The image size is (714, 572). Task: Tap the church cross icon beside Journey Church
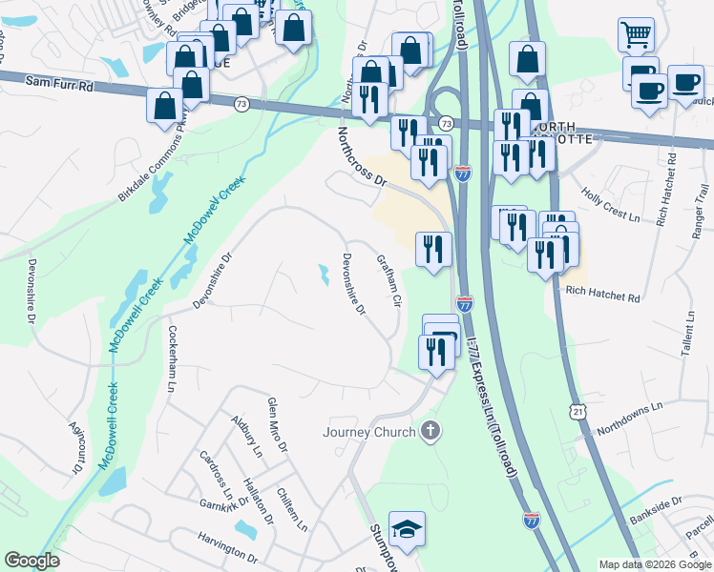point(430,431)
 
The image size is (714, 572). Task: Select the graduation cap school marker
point(407,530)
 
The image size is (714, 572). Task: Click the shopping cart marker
point(636,35)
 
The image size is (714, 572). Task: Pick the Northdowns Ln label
point(628,419)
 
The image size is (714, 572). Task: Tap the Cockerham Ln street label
point(173,359)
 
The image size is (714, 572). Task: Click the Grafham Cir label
point(388,279)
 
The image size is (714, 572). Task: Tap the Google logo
point(32,561)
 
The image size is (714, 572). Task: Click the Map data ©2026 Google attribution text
point(654,564)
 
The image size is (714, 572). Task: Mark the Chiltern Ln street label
point(292,511)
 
